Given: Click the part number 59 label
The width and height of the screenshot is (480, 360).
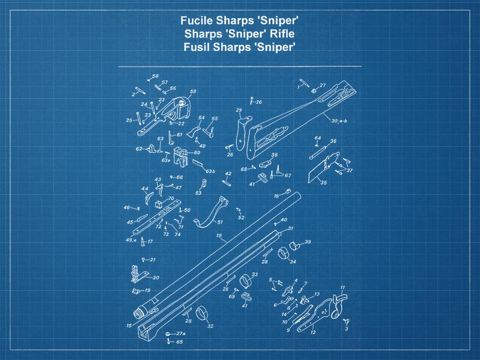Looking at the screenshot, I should coord(193,91).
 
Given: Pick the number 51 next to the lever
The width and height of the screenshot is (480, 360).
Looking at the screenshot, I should coord(220,222).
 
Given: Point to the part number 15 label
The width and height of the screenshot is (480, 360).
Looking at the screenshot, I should coord(129,326).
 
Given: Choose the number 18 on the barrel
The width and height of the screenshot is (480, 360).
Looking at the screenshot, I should coord(218,236).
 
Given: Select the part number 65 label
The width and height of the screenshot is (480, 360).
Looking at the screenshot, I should coord(179,342).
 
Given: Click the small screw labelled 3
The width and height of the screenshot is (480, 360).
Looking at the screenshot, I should coord(346,321).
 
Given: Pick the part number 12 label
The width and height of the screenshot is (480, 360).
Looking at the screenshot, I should coord(313,333).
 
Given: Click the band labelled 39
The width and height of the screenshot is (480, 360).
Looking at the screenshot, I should coord(295,246).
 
